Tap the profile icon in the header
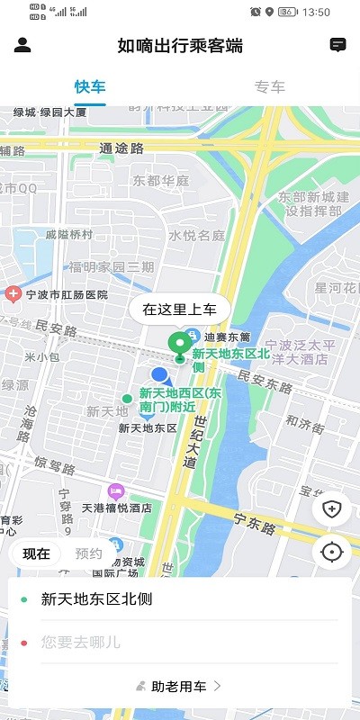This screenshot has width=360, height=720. (23, 45)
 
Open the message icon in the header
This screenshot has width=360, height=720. (337, 45)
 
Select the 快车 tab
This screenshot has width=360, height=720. (90, 87)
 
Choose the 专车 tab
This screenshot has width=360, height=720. (270, 87)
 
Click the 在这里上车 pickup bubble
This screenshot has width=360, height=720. (180, 310)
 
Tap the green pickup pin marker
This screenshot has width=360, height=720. (180, 343)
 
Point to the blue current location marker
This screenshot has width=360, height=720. (160, 374)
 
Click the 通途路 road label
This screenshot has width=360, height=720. (119, 149)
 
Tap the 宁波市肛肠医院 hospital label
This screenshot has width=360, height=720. (65, 294)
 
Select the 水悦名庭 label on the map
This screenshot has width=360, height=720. (196, 236)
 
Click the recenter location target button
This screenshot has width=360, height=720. (331, 552)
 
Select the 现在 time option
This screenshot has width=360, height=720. (37, 553)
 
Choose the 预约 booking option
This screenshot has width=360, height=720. (88, 553)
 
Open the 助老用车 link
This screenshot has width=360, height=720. (180, 687)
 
